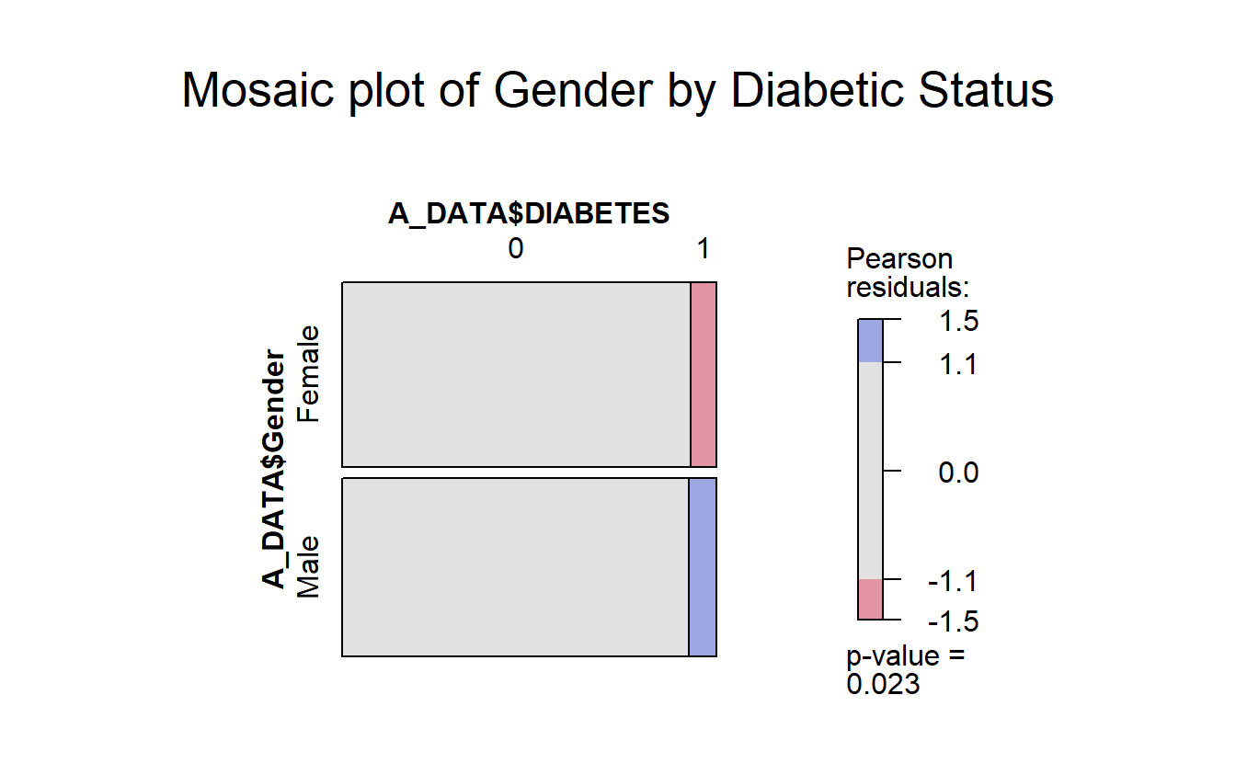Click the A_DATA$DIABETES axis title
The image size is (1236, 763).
(528, 214)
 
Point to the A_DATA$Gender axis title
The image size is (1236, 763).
(274, 467)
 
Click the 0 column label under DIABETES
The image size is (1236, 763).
(516, 248)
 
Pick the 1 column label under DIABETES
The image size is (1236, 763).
(704, 248)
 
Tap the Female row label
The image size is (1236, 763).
(309, 373)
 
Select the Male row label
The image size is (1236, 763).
(309, 566)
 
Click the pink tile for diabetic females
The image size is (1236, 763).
(704, 374)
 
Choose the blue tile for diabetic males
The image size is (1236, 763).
(703, 567)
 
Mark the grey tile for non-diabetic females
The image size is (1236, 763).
(516, 374)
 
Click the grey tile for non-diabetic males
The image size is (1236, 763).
(515, 567)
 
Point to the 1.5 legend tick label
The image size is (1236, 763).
(958, 323)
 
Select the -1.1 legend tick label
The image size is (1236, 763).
(954, 581)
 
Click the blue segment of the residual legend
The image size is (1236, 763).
(870, 340)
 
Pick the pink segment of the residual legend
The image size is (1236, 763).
(870, 599)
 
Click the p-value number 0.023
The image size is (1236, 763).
(883, 684)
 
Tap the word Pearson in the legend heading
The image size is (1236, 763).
(899, 259)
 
